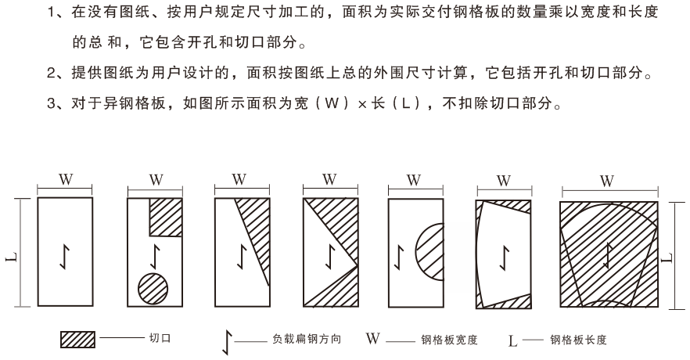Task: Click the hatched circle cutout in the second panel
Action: [x=153, y=289]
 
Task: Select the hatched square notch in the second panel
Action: [x=166, y=217]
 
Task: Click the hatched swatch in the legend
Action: [x=77, y=340]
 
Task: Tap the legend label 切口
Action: [x=160, y=338]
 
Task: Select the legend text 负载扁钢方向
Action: [x=307, y=339]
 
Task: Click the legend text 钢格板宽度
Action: [x=449, y=340]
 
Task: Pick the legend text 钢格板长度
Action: [x=578, y=340]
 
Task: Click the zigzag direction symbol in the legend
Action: [x=227, y=343]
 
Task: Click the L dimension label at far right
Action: [x=667, y=257]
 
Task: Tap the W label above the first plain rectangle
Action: [x=66, y=179]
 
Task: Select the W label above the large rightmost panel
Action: [x=607, y=181]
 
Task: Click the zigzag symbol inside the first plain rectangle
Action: [x=65, y=257]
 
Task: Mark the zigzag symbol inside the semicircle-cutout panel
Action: [x=399, y=257]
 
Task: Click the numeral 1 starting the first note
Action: [x=51, y=12]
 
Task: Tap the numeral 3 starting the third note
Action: [x=51, y=104]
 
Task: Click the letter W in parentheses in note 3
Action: [x=332, y=103]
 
